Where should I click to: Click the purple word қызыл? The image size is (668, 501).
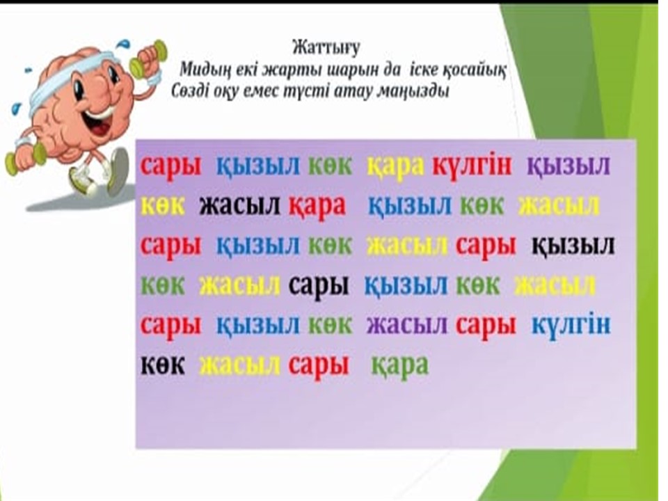(568, 166)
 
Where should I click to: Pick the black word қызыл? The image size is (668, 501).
(573, 246)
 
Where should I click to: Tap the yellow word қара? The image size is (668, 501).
(396, 166)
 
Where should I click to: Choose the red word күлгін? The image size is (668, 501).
(472, 166)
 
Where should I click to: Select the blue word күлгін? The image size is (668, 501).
(571, 326)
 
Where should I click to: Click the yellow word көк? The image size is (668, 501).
(163, 205)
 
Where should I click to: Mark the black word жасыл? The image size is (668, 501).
(240, 205)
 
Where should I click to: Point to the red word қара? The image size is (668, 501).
(317, 207)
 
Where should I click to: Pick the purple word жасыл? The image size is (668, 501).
(407, 326)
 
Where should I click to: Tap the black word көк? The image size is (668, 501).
(163, 365)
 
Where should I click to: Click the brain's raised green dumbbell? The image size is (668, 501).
(149, 58)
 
